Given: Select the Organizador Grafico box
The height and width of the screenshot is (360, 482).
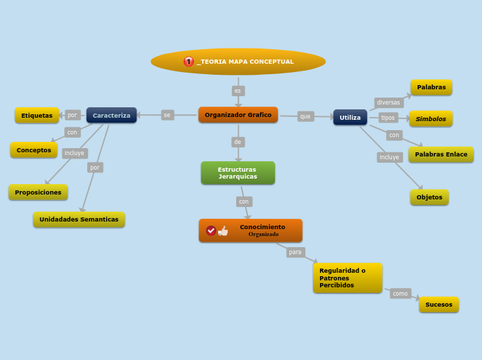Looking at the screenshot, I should tap(238, 115).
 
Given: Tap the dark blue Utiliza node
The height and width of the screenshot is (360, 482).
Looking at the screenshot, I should tap(350, 117).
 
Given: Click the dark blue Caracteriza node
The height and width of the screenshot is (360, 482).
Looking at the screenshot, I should tap(111, 115).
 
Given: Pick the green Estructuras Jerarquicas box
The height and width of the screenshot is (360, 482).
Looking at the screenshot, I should tap(238, 173).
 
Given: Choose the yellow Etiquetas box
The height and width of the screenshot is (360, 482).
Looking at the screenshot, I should tap(37, 116).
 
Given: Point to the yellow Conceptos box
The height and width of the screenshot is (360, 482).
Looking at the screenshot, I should tap(34, 150).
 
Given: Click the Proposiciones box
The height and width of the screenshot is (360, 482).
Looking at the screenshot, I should tap(38, 192).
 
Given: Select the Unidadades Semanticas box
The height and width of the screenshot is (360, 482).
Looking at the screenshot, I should tap(78, 219).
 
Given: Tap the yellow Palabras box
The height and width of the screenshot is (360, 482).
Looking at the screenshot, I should tap(431, 87).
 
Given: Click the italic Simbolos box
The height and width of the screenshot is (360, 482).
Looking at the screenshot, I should tap(430, 119).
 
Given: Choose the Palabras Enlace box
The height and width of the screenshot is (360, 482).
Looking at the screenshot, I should tap(440, 154).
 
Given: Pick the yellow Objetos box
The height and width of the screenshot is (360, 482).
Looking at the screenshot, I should tap(429, 197).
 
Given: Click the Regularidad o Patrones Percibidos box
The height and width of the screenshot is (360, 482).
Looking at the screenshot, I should tap(347, 278).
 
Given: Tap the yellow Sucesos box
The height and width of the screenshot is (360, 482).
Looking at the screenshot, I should tap(438, 305).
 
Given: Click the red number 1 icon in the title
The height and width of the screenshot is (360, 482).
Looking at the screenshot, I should tap(188, 62).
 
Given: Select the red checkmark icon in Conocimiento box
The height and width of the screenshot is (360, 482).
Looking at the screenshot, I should tap(211, 231).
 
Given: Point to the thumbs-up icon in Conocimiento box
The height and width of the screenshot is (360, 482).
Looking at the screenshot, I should tap(223, 231).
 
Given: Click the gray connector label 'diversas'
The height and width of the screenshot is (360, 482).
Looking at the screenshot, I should tap(388, 102).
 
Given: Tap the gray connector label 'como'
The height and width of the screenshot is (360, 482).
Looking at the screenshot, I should tap(400, 294).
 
